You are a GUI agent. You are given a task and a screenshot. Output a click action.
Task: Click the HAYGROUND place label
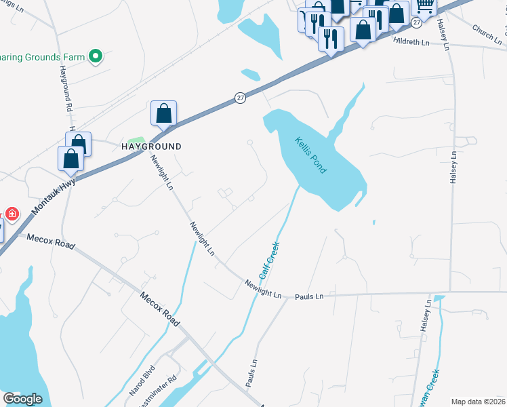pyautogui.click(x=151, y=147)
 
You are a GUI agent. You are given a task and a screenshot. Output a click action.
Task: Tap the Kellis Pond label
pyautogui.click(x=310, y=155)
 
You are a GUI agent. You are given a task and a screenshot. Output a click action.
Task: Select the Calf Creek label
pyautogui.click(x=268, y=260)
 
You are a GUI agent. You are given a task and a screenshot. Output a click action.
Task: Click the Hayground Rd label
pyautogui.click(x=65, y=89)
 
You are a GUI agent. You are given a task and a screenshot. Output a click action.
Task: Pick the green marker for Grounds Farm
pyautogui.click(x=96, y=56)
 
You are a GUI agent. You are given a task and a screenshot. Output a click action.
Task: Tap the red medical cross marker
pyautogui.click(x=12, y=214)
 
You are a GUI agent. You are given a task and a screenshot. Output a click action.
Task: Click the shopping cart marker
pyautogui.click(x=424, y=5)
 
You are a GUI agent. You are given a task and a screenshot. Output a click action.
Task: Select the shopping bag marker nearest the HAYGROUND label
pyautogui.click(x=164, y=113)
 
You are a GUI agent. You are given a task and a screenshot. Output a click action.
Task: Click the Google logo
pyautogui.click(x=22, y=399)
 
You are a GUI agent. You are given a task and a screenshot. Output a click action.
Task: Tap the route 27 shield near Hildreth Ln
pyautogui.click(x=416, y=22)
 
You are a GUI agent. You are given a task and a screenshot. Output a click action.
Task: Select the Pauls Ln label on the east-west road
pyautogui.click(x=309, y=296)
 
